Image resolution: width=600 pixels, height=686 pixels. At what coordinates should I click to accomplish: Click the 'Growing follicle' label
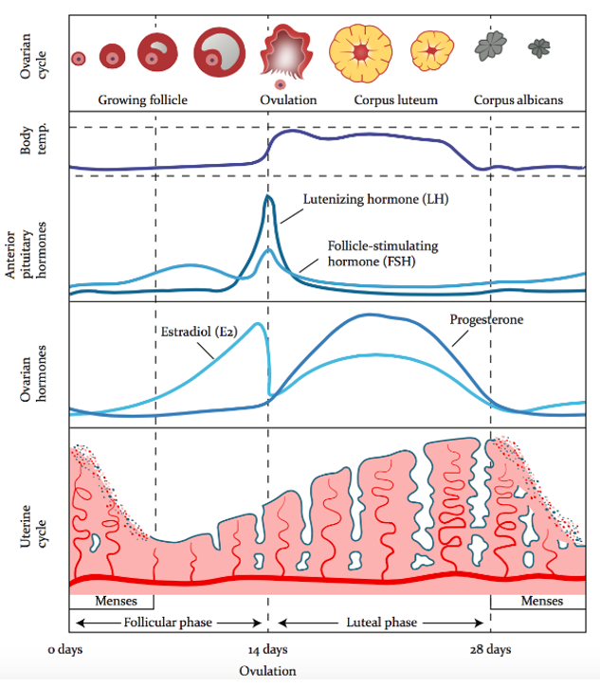(142, 99)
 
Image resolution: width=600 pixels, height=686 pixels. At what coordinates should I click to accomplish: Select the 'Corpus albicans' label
(518, 99)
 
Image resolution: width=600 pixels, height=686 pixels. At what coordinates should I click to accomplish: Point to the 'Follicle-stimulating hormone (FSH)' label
(375, 253)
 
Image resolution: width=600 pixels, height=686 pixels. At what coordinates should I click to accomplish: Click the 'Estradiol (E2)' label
(197, 331)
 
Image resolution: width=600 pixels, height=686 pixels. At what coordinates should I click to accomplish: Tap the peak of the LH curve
(268, 196)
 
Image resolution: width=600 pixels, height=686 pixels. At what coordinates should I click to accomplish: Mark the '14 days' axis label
(268, 649)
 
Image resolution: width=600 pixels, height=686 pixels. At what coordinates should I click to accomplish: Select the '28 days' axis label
(490, 649)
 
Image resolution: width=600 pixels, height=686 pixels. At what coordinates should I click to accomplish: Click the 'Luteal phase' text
(378, 623)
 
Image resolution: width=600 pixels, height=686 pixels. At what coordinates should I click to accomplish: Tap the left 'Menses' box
(111, 601)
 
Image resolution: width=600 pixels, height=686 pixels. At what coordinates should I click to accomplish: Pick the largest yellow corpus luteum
(358, 49)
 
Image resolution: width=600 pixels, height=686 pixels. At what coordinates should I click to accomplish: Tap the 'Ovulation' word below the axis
(268, 670)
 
